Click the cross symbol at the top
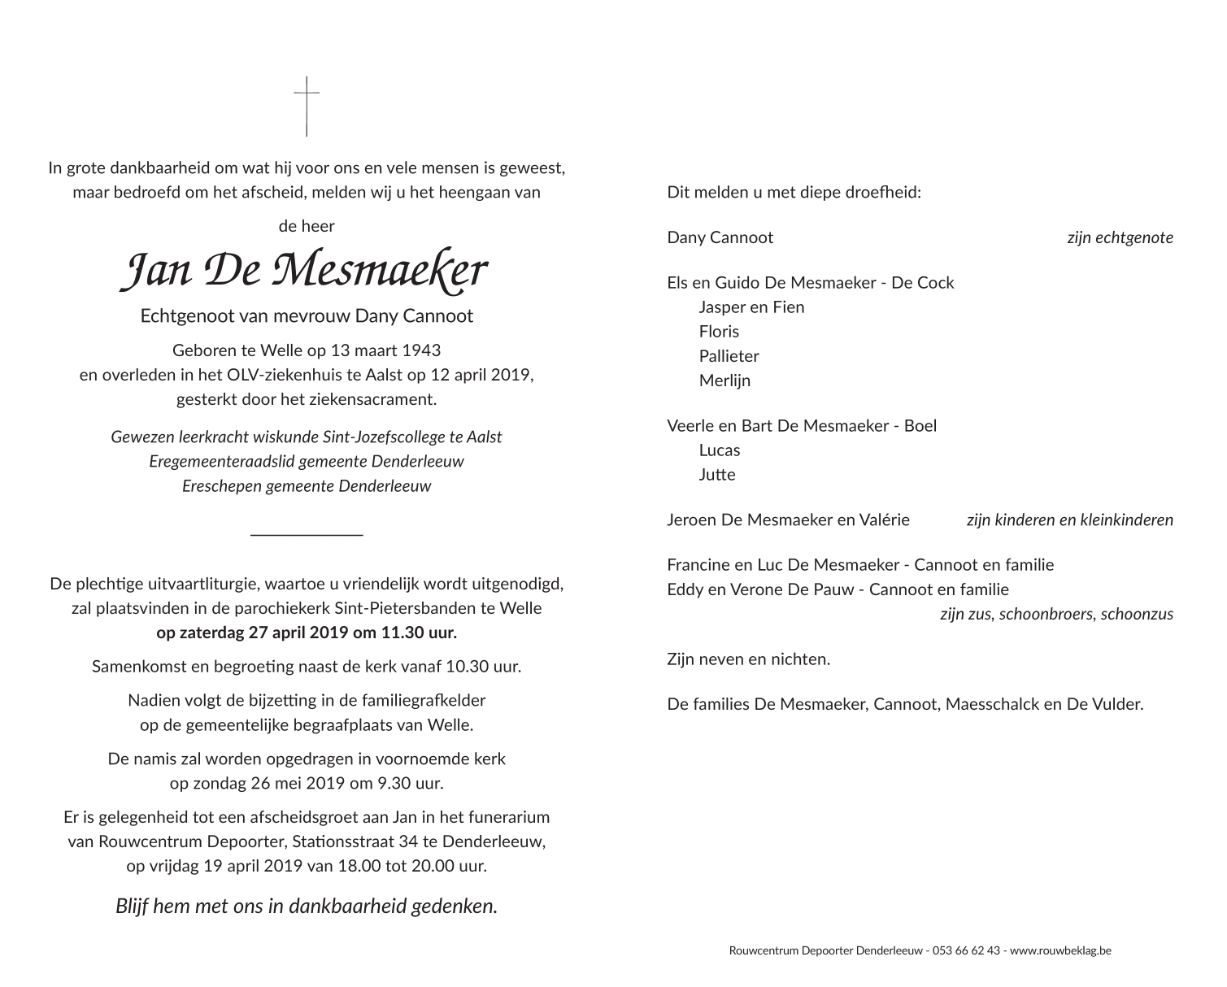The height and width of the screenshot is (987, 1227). [x=307, y=106]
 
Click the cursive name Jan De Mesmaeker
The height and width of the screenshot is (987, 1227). [x=305, y=271]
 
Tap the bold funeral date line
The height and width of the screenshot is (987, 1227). [x=307, y=633]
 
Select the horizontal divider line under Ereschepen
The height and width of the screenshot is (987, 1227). [x=307, y=534]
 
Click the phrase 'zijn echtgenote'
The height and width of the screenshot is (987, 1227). [x=1120, y=237]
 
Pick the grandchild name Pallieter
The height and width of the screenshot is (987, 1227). [x=729, y=356]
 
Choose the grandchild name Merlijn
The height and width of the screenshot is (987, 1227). [x=724, y=380]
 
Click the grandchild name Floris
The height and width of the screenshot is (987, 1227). [x=719, y=332]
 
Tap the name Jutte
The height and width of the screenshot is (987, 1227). [x=716, y=475]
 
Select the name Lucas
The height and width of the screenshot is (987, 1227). [x=719, y=450]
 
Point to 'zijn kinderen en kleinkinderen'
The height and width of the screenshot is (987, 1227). [x=1069, y=520]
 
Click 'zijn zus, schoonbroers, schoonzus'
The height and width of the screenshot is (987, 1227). [x=1056, y=614]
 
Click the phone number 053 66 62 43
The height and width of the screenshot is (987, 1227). [x=966, y=950]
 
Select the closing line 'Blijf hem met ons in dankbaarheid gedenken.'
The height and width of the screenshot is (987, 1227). [x=307, y=906]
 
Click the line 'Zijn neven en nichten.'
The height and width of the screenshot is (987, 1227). [x=748, y=659]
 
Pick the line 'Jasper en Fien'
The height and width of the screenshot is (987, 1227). [x=751, y=307]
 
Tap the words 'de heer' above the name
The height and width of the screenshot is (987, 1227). [x=307, y=226]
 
